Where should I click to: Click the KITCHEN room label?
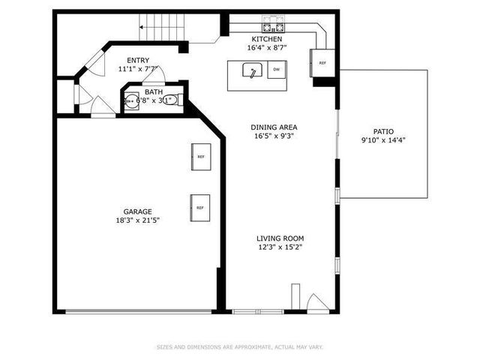(x=267, y=39)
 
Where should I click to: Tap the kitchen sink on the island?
(x=253, y=71)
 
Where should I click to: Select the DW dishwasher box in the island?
(x=277, y=70)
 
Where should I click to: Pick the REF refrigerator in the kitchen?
(x=322, y=63)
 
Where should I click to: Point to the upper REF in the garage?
(x=200, y=157)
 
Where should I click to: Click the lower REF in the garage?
(x=200, y=207)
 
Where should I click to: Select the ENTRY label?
(x=138, y=61)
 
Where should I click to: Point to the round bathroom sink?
(x=132, y=100)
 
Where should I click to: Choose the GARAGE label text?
(x=138, y=211)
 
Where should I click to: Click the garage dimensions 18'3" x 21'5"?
(x=138, y=220)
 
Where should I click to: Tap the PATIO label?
(x=383, y=131)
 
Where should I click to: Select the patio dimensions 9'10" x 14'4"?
(x=383, y=140)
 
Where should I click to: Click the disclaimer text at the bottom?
(x=239, y=347)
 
